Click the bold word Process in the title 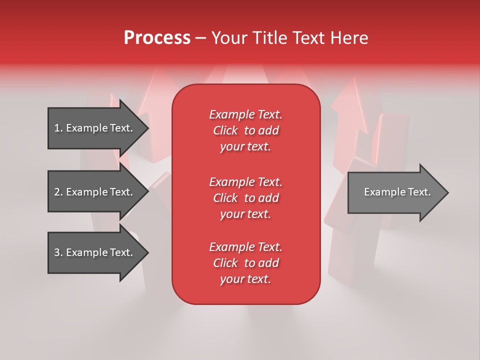tap(157, 38)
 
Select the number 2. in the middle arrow tap(58, 192)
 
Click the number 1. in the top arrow tap(58, 128)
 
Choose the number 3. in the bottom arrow tap(58, 253)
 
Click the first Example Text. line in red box tap(245, 115)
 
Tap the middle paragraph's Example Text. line tap(245, 182)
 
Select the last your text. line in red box tap(245, 279)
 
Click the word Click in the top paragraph tap(225, 131)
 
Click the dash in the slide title tap(200, 38)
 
